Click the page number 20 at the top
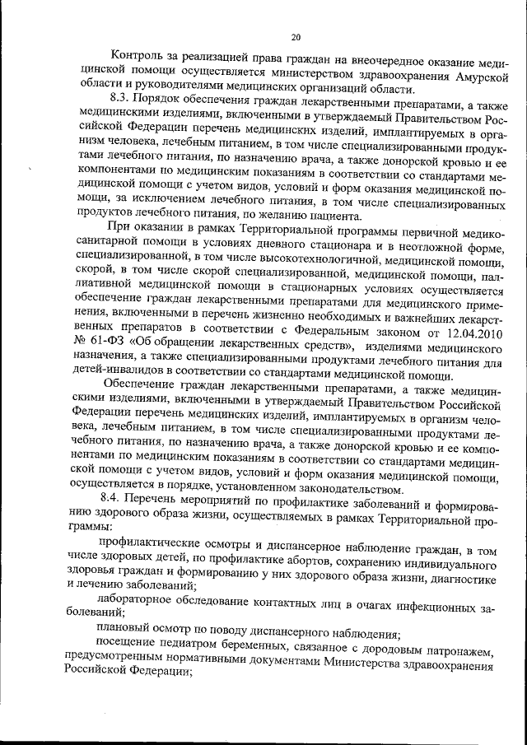tap(296, 36)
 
